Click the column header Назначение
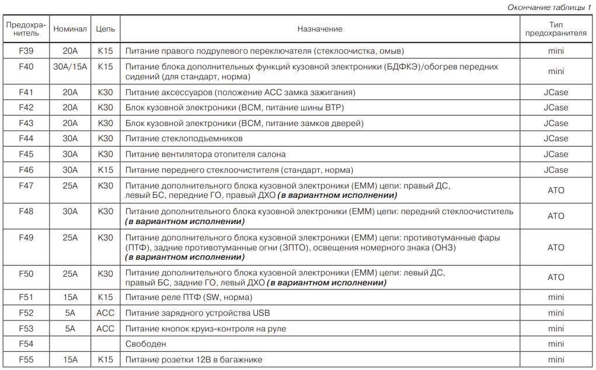(319, 29)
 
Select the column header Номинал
(70, 29)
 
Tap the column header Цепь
(106, 29)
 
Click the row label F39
(26, 51)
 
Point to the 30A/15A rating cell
(70, 67)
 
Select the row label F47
(26, 186)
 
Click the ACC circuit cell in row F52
(106, 313)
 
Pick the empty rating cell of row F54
(70, 344)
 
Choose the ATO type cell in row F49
(556, 247)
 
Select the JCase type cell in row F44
(556, 138)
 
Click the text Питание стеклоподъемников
(184, 138)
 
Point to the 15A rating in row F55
(70, 359)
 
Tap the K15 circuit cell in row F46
(106, 170)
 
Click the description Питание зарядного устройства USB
(198, 313)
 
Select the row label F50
(26, 273)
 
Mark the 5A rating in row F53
(70, 329)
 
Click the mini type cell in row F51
(556, 297)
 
